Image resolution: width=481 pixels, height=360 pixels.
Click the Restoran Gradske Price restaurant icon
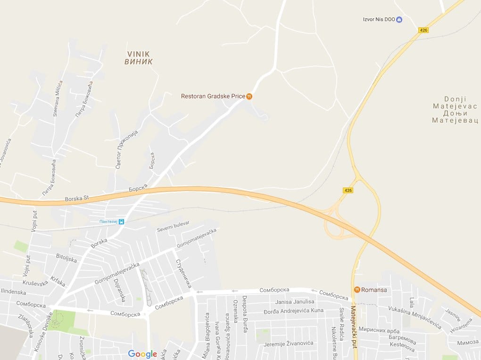pyautogui.click(x=249, y=96)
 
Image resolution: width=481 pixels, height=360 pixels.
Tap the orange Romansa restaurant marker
pyautogui.click(x=357, y=289)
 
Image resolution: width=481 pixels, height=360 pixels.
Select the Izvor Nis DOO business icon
pyautogui.click(x=399, y=19)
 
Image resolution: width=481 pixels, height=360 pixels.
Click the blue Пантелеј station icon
pyautogui.click(x=121, y=221)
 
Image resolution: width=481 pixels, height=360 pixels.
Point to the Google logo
pyautogui.click(x=142, y=354)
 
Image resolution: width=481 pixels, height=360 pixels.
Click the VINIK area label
pyautogui.click(x=139, y=57)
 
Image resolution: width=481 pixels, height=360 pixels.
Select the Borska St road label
pyautogui.click(x=76, y=199)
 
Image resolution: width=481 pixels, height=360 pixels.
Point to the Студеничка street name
pyautogui.click(x=184, y=273)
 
